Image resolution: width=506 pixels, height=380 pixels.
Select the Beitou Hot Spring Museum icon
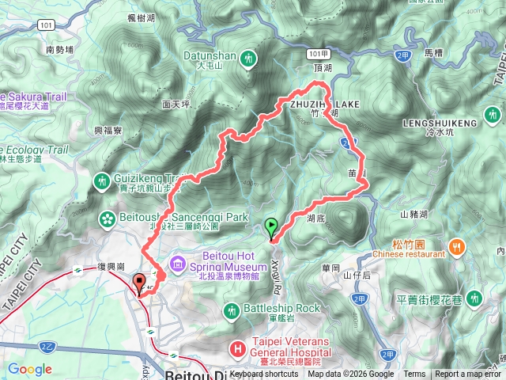176,262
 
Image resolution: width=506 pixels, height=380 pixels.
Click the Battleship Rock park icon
231,309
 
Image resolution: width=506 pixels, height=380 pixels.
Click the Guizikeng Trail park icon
102,181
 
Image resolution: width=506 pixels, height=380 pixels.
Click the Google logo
30,369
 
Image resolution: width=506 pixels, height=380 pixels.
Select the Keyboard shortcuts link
264,374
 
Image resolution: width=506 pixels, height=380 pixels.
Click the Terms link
414,374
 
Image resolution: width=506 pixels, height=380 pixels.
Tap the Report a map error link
469,374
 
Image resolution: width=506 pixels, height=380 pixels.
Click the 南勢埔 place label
60,49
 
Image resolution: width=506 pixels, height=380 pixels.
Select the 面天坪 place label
176,104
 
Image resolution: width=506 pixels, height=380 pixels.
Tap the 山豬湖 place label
413,215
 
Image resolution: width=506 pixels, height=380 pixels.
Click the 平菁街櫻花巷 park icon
474,298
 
